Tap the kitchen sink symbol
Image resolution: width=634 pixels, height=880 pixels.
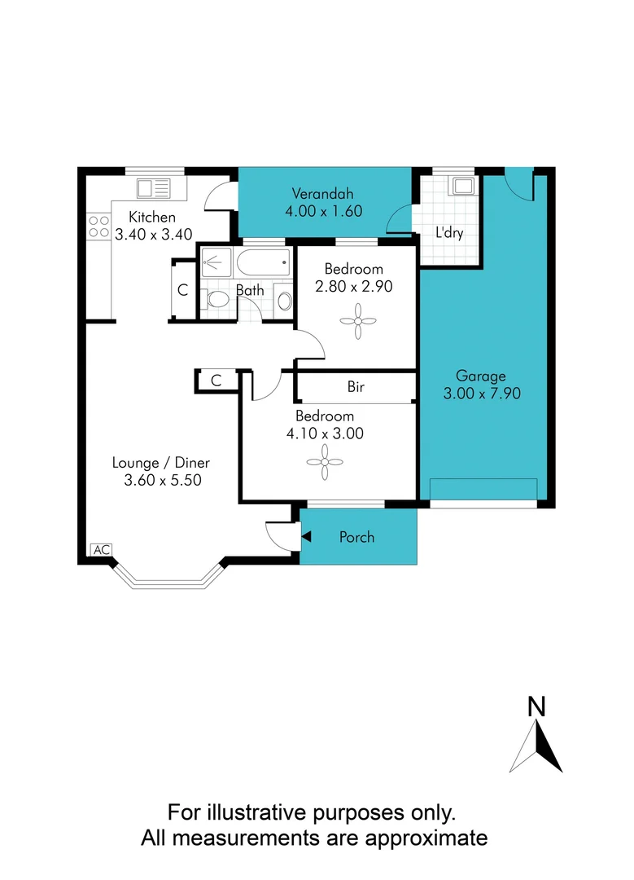coord(153,189)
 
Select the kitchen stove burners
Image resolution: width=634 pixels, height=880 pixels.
coord(98,226)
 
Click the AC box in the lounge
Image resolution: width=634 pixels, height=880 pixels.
coord(101,550)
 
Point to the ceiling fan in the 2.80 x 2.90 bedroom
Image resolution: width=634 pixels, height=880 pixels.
coord(356,320)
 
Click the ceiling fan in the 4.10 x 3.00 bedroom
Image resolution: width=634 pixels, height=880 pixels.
coord(323,462)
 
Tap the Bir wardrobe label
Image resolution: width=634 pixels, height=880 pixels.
coord(356,387)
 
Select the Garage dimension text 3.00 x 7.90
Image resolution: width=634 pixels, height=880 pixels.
coord(480,393)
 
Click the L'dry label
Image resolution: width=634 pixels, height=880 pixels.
coord(448,233)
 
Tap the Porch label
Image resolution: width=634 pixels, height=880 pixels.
coord(356,537)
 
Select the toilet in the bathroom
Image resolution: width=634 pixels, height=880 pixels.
coord(216,300)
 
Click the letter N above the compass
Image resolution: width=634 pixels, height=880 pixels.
coord(536,707)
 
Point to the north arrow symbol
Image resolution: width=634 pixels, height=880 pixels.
coord(536,746)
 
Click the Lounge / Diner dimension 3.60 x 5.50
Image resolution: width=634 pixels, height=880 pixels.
coord(162,481)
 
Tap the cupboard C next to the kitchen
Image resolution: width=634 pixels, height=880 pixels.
coord(183,289)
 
